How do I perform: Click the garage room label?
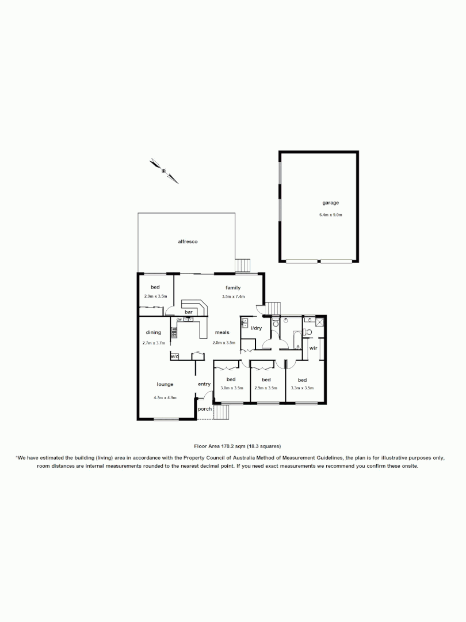tap(330, 203)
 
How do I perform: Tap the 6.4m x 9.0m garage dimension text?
tap(331, 215)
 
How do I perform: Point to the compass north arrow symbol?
tap(164, 170)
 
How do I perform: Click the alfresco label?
tap(188, 242)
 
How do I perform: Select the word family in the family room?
tap(233, 288)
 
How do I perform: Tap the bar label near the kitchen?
tap(188, 312)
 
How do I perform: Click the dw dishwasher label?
tap(179, 320)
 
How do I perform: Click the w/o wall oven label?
tap(174, 356)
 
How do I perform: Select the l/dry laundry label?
tap(257, 328)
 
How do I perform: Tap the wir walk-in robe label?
tap(314, 348)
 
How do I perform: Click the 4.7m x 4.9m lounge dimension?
tap(165, 397)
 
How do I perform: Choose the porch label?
tap(204, 409)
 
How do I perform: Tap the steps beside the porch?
tap(222, 412)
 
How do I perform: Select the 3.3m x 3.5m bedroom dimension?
tap(302, 388)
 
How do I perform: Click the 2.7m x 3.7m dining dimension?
tap(153, 343)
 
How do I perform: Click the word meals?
tap(223, 332)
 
